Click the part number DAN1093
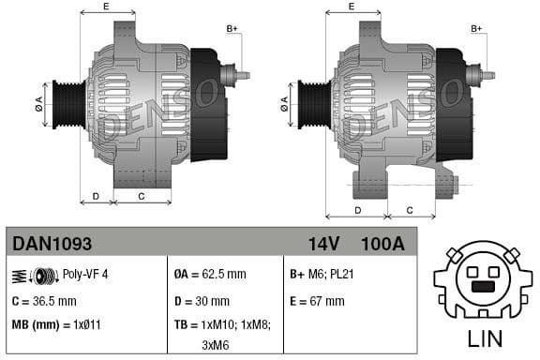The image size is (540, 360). point(52,244)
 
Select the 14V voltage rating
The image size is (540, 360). point(323,244)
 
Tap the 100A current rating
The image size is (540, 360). point(382,244)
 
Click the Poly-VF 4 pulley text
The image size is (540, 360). point(85,275)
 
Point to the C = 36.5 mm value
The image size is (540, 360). point(44,301)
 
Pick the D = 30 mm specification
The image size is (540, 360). point(202,301)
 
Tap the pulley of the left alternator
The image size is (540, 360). point(67,102)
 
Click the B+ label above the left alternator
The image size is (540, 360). point(232,29)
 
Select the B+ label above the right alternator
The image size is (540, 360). point(476,29)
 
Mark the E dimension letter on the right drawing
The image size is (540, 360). point(351,7)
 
